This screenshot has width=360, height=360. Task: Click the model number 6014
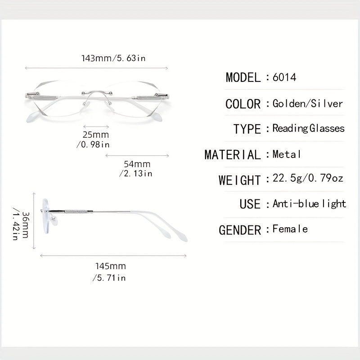(284, 77)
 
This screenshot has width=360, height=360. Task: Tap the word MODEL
(243, 77)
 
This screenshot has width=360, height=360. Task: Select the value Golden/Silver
(308, 103)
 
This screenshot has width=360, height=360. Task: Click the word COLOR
(243, 104)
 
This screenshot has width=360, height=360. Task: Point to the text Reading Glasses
(308, 128)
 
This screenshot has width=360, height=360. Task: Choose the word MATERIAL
(233, 154)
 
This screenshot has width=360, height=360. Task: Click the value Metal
(287, 154)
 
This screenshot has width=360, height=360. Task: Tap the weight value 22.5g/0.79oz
(308, 178)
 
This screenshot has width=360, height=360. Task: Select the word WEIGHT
(240, 180)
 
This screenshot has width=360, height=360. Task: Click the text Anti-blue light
(309, 204)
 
